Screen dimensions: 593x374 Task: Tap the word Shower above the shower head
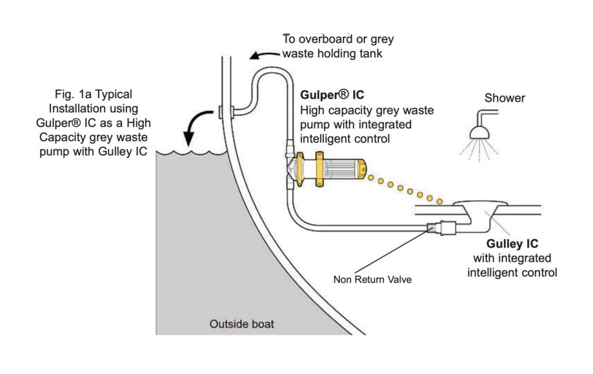pyautogui.click(x=505, y=98)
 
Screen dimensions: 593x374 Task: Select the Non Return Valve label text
pyautogui.click(x=372, y=280)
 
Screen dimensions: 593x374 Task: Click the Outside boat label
pyautogui.click(x=242, y=324)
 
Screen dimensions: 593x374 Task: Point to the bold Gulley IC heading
pyautogui.click(x=512, y=244)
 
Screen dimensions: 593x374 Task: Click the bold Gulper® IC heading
pyautogui.click(x=332, y=94)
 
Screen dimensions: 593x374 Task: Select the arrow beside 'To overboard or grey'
pyautogui.click(x=265, y=55)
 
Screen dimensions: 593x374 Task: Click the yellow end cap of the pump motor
pyautogui.click(x=362, y=169)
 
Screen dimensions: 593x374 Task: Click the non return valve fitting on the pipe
pyautogui.click(x=442, y=228)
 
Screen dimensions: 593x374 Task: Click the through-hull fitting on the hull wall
pyautogui.click(x=226, y=112)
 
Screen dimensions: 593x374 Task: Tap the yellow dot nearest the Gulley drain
pyautogui.click(x=439, y=202)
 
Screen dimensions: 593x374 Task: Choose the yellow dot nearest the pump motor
pyautogui.click(x=371, y=177)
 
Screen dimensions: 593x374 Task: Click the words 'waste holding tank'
pyautogui.click(x=332, y=54)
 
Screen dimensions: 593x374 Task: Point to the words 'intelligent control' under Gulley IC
pyautogui.click(x=512, y=272)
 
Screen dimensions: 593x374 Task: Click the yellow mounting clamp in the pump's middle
pyautogui.click(x=319, y=169)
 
